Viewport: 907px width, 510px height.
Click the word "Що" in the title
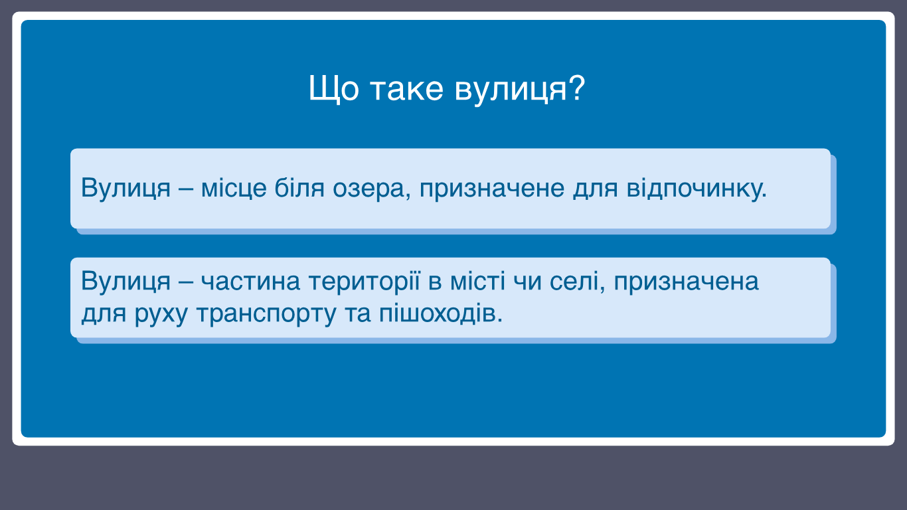tap(333, 89)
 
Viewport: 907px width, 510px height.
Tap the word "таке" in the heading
tap(407, 90)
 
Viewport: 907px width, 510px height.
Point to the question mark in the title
tap(576, 87)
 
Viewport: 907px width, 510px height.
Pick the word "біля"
tap(299, 187)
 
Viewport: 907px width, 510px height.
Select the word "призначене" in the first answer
tap(491, 189)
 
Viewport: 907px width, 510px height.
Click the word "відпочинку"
tap(693, 188)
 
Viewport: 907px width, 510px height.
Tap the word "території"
tap(365, 281)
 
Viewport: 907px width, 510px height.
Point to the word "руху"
tap(161, 314)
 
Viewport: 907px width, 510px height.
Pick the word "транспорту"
tap(266, 314)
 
